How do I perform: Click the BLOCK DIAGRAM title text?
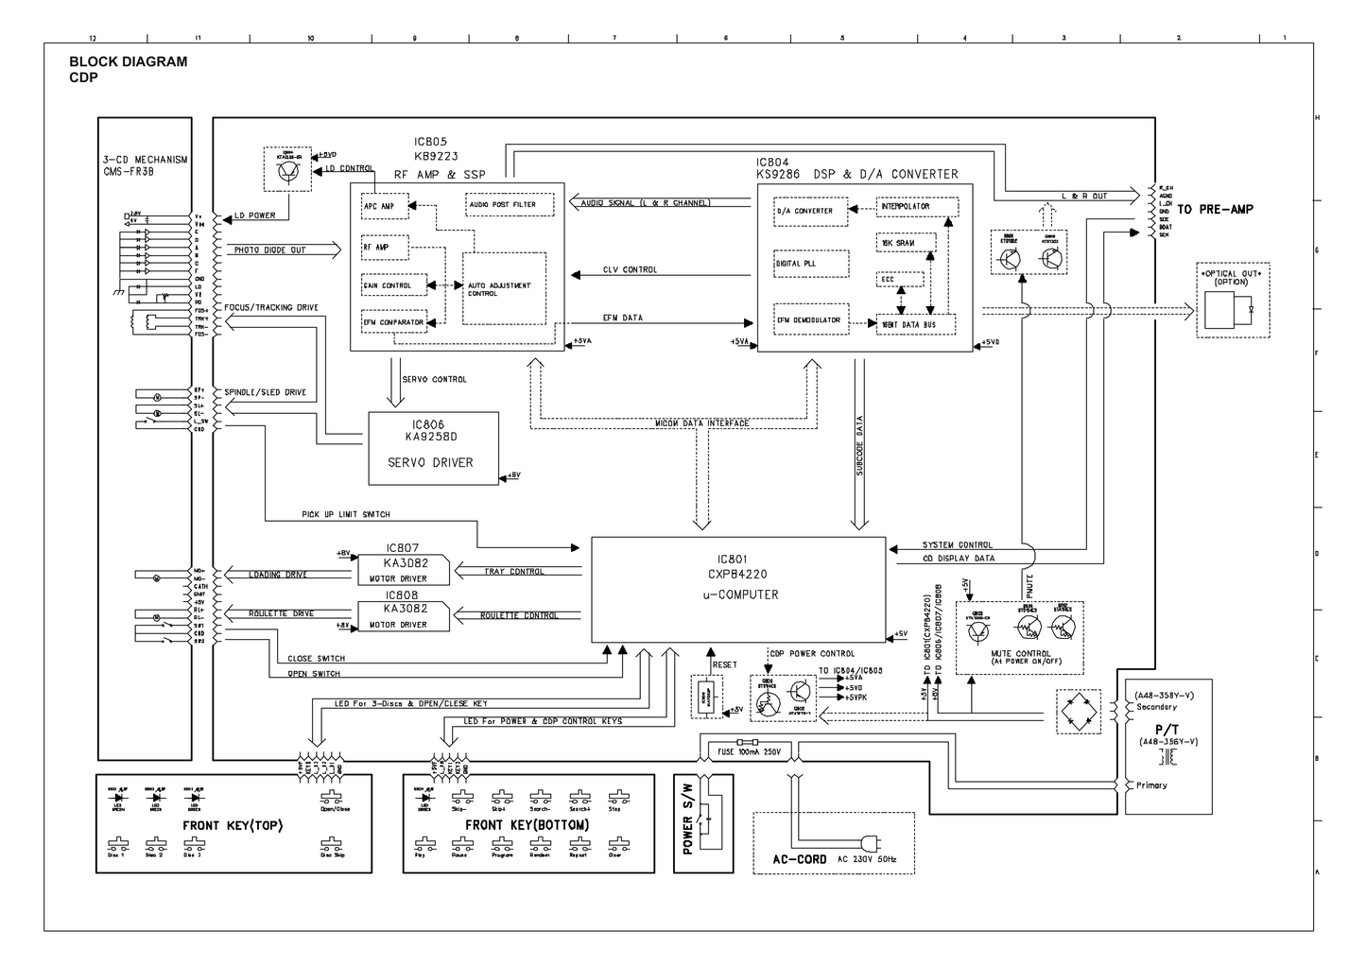click(x=129, y=61)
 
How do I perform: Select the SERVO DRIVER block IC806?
click(x=433, y=448)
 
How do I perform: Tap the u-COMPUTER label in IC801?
click(x=740, y=595)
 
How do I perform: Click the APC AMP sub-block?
click(x=385, y=206)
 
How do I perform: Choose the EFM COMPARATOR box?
click(x=394, y=322)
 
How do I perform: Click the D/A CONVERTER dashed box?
click(x=804, y=211)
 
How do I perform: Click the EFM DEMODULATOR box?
click(x=809, y=320)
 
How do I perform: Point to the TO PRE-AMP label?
click(x=1215, y=209)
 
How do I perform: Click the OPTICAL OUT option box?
click(x=1233, y=301)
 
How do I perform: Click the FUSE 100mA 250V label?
click(x=750, y=753)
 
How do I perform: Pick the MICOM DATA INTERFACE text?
click(x=702, y=422)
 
